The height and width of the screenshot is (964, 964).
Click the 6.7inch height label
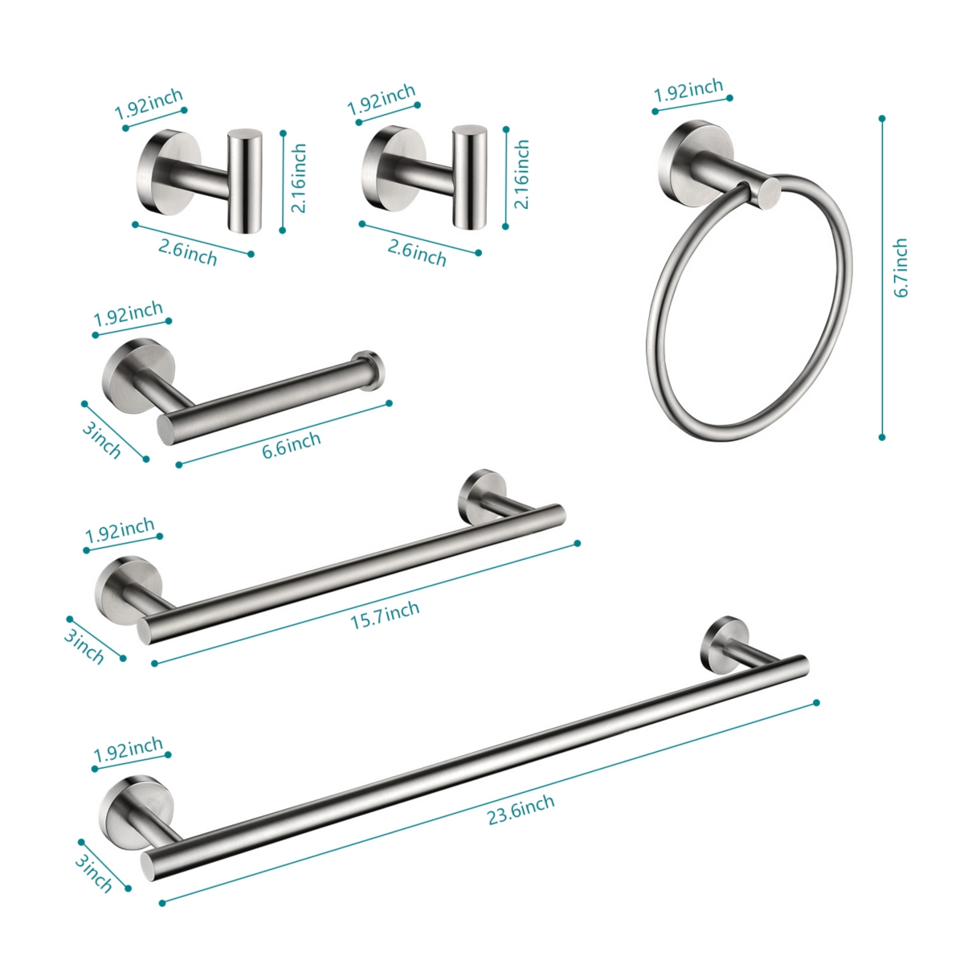901,268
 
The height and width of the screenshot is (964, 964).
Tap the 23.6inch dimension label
521,809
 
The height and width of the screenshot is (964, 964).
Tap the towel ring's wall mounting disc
684,153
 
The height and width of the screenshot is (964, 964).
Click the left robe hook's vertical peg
244,180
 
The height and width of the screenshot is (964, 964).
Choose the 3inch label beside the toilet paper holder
101,439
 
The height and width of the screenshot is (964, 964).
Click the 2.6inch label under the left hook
188,252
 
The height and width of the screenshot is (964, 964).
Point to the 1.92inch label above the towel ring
688,90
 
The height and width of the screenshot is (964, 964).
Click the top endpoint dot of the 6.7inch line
882,119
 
